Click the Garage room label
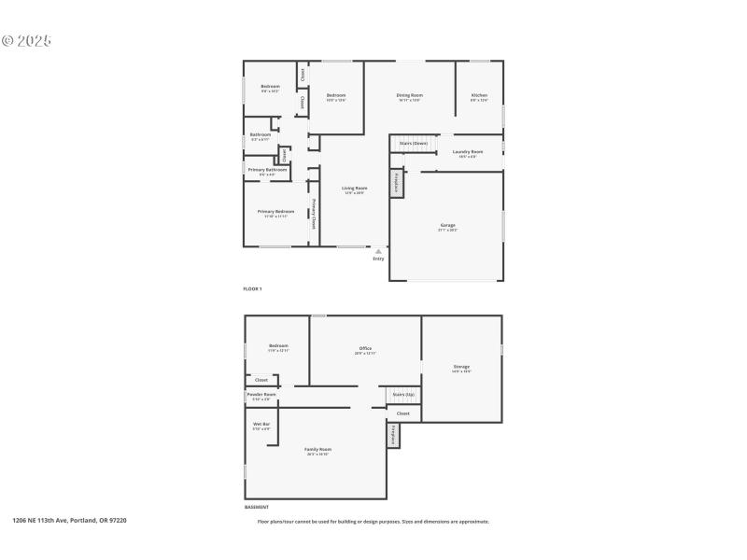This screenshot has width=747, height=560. tap(448, 226)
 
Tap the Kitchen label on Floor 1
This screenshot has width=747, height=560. tap(479, 96)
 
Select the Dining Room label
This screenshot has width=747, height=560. tap(410, 96)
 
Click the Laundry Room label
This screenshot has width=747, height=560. tap(468, 152)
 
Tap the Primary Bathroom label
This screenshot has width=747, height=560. tap(267, 171)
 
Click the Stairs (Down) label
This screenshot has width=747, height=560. tap(413, 144)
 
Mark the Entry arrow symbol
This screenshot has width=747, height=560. tap(378, 251)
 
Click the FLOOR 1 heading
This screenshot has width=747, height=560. tap(252, 289)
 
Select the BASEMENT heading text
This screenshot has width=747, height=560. tap(257, 507)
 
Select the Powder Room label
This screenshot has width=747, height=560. tap(261, 395)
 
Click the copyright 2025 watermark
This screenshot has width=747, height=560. tap(26, 41)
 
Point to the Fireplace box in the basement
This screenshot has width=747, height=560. tap(393, 435)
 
